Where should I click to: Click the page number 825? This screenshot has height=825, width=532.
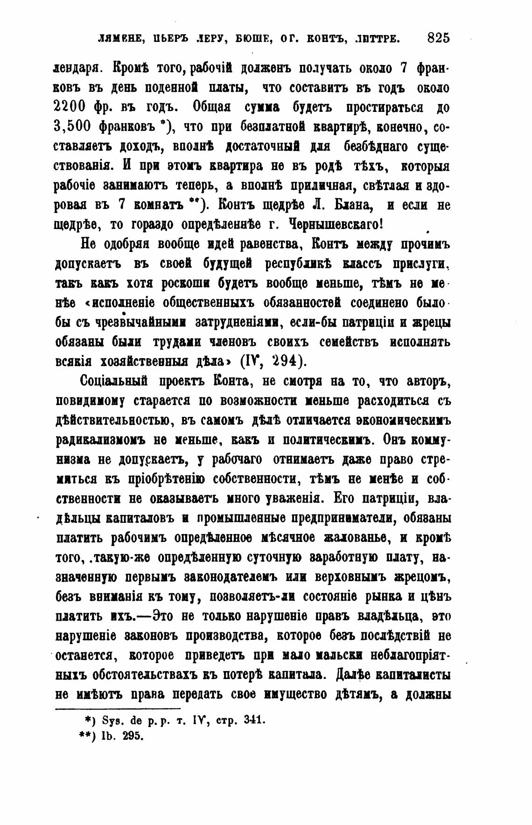(x=438, y=38)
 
